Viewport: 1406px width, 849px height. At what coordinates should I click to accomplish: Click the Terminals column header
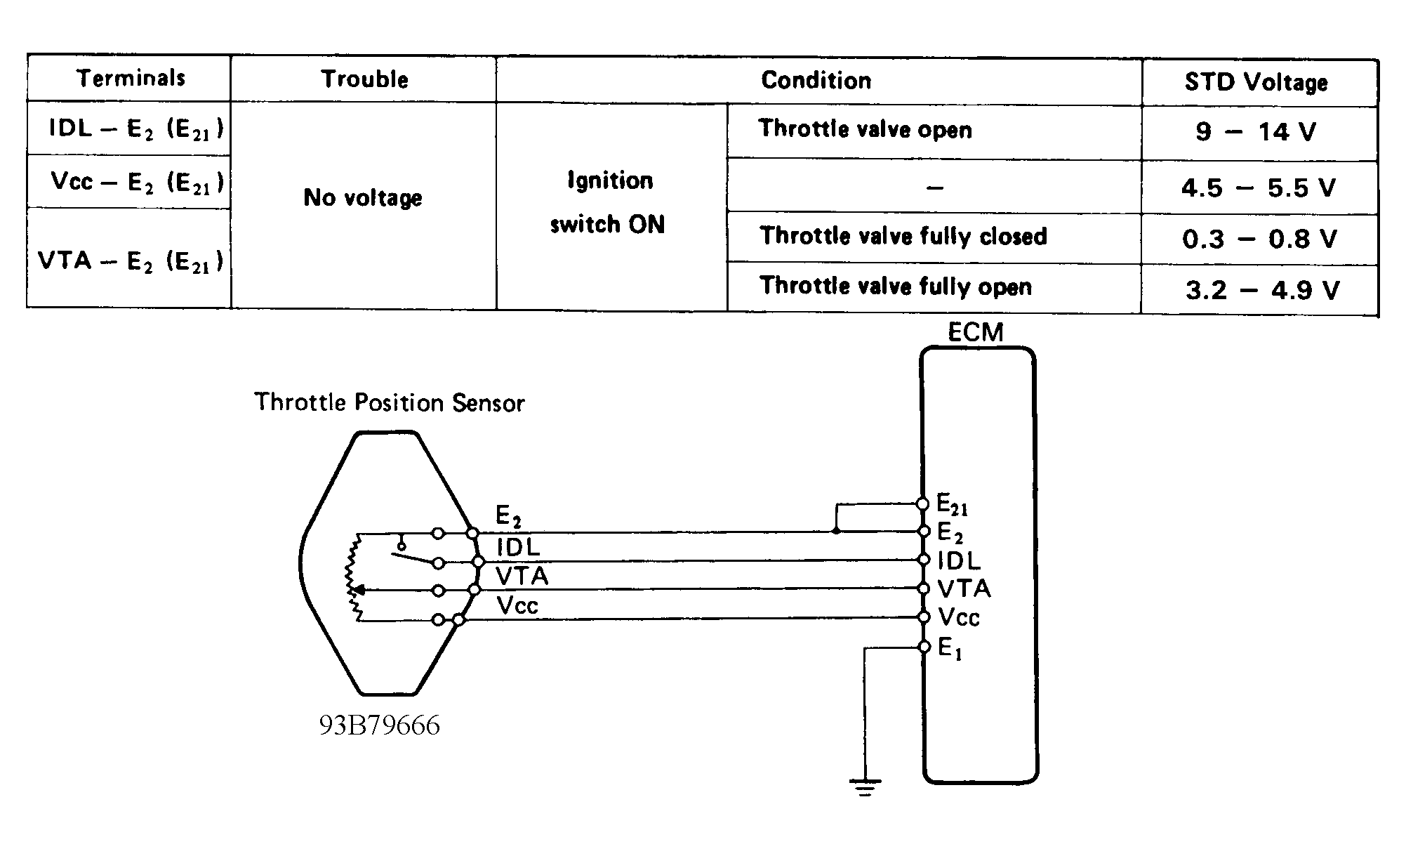131,77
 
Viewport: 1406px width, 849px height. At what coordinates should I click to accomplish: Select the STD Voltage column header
1256,82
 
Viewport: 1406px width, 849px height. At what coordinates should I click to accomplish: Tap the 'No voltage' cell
363,197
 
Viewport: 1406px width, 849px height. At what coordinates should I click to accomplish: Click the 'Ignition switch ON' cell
609,202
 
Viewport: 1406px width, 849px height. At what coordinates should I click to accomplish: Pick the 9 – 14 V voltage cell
1256,131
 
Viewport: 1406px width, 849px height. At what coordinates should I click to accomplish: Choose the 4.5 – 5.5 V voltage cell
1258,187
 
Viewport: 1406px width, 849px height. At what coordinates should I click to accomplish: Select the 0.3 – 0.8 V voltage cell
1259,239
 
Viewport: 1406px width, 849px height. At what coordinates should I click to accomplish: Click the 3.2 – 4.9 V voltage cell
1262,289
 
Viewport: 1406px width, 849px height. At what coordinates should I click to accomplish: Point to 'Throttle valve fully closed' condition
903,236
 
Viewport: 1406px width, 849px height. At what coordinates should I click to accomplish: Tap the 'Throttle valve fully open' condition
896,287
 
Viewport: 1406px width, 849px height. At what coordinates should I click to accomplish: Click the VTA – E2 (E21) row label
131,261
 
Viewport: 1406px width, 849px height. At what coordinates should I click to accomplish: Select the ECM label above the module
976,331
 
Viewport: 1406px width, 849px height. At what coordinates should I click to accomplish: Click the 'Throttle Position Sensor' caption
390,402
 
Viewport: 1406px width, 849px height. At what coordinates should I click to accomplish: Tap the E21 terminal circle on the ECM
923,504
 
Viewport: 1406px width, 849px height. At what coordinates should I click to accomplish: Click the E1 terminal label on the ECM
950,648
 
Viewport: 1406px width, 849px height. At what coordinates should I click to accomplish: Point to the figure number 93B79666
380,725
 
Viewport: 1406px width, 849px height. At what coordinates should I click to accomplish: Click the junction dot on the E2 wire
836,531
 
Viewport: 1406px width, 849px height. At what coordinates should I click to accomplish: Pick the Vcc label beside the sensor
517,605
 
